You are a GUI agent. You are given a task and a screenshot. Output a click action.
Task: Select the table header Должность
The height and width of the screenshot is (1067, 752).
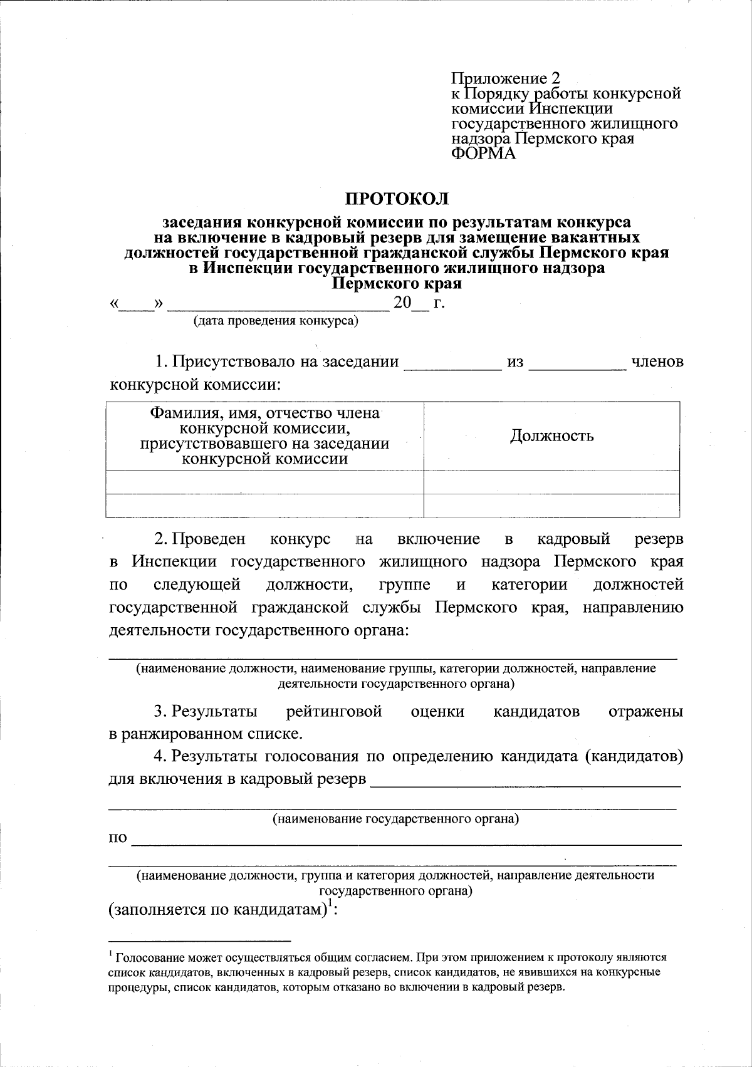click(x=551, y=435)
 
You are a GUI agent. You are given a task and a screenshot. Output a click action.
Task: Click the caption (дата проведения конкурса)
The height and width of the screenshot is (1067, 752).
click(x=275, y=321)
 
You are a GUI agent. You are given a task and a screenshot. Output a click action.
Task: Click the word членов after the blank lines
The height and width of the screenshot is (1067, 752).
click(x=657, y=362)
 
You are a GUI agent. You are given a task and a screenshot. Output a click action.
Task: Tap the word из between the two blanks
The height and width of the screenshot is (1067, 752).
click(x=515, y=362)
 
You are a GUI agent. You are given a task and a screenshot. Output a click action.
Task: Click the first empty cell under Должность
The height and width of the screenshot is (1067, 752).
click(x=551, y=482)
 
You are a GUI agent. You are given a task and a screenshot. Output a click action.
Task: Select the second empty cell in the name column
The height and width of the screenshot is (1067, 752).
click(x=264, y=505)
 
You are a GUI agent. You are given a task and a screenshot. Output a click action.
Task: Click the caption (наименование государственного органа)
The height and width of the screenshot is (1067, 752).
click(x=395, y=818)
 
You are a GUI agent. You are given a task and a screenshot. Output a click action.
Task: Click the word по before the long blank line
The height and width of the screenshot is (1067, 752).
click(x=118, y=838)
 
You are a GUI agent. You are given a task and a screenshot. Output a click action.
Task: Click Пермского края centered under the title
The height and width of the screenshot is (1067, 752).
click(x=397, y=284)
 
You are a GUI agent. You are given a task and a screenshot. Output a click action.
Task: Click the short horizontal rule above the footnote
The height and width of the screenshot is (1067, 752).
click(x=199, y=940)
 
